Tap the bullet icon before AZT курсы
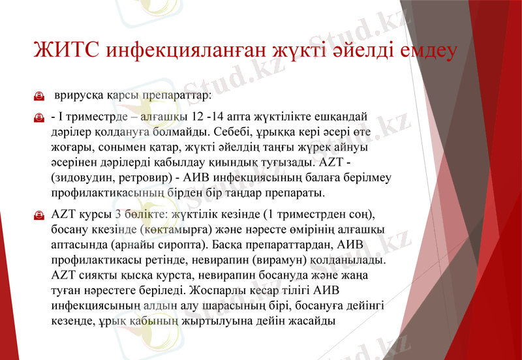tap(38, 215)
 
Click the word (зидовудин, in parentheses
tap(82, 178)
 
